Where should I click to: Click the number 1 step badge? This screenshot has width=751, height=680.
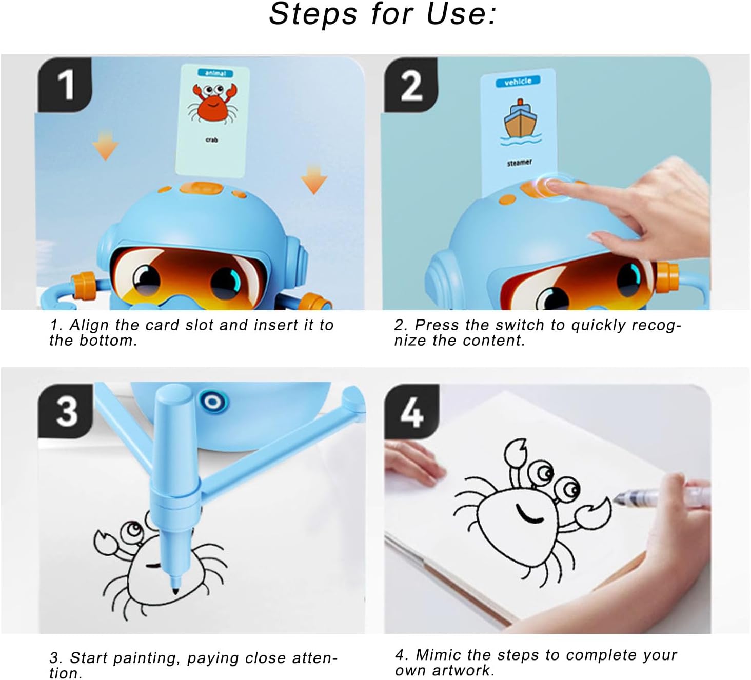point(65,85)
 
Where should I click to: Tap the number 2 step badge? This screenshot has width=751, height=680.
point(411,85)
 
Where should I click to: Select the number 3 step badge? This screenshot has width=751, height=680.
point(65,411)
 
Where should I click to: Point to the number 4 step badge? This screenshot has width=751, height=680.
point(412,411)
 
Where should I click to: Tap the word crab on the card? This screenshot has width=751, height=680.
point(211,139)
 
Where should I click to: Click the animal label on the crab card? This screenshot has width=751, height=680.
point(215,73)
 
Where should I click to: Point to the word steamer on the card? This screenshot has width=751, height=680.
point(520,163)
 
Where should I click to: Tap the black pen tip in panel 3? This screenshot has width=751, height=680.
point(175,590)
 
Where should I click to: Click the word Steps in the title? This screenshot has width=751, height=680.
point(313,14)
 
